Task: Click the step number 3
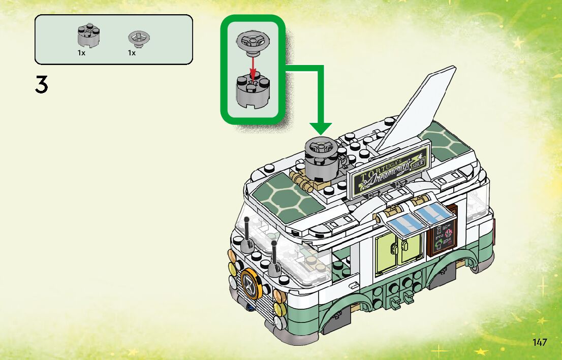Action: point(42,85)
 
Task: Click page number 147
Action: point(540,342)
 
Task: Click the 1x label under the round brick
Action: point(81,53)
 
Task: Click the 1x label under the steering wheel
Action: point(132,53)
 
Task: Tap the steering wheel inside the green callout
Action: point(253,41)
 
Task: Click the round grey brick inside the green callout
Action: point(253,92)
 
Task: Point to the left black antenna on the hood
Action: point(246,237)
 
